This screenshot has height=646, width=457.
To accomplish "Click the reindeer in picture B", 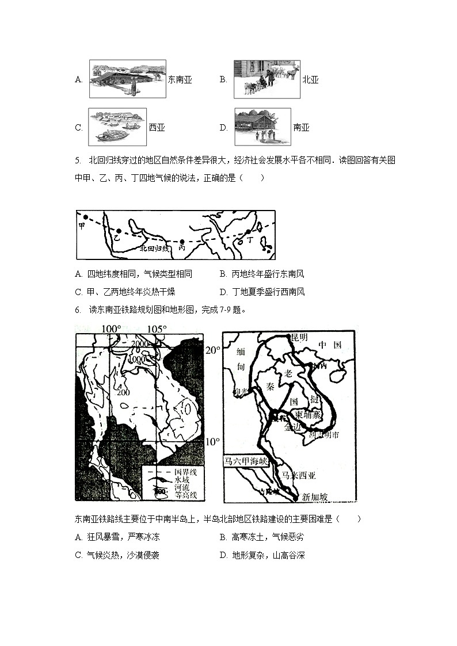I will click(293, 73).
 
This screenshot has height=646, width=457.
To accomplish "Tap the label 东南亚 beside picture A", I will click(180, 80).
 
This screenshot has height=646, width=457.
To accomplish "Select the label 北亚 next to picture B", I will click(310, 80).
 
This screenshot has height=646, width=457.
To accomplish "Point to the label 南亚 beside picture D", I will click(301, 128).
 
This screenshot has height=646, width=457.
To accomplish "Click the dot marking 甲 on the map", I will click(85, 217).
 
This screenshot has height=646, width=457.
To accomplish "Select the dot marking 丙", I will click(182, 242).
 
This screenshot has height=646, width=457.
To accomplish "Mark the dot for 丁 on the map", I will click(249, 232).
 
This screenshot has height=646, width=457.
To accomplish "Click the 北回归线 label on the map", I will click(155, 249).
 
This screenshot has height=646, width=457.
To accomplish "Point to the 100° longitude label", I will click(112, 329).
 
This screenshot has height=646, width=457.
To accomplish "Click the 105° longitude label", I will click(156, 329).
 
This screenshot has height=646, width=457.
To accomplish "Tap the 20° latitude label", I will click(213, 350).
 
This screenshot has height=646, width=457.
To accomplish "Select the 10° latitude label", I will click(212, 442).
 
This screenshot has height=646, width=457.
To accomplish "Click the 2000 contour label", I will click(139, 344).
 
